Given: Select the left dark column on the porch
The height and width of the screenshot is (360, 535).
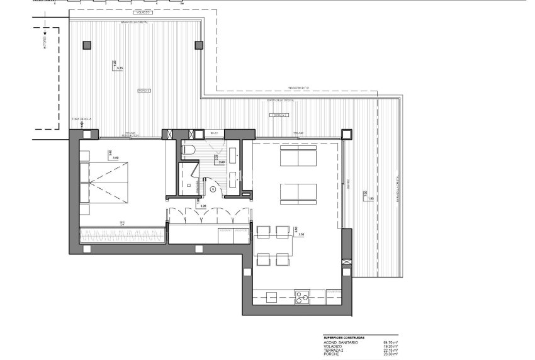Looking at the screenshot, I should click(86, 45).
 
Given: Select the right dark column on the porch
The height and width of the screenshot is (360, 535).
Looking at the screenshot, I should click(199, 45).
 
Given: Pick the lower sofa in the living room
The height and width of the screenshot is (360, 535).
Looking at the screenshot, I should click(298, 192).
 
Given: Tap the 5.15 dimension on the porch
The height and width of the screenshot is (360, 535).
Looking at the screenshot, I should click(115, 68).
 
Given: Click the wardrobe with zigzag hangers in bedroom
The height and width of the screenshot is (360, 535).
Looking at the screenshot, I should click(123, 235).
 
